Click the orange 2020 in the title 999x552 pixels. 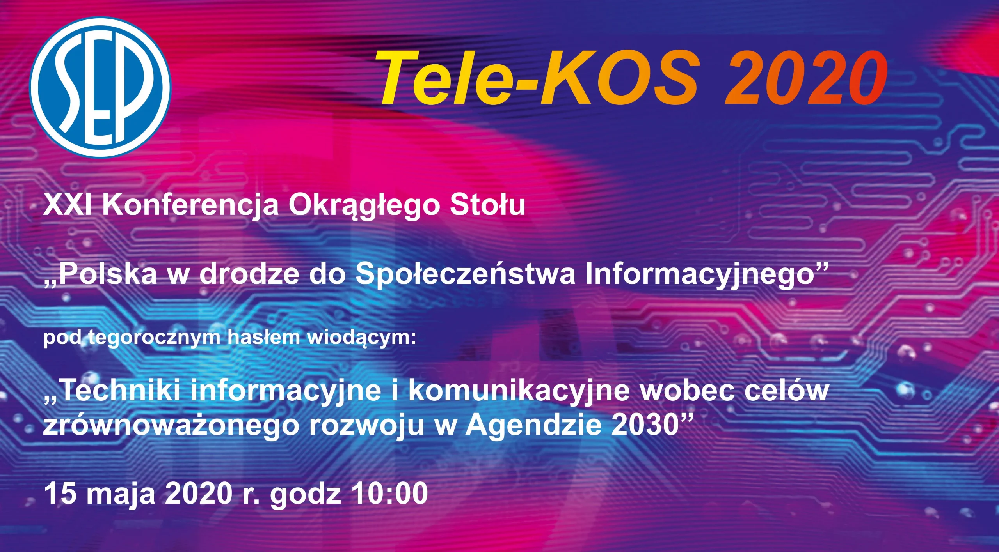pyautogui.click(x=806, y=78)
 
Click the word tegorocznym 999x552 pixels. pyautogui.click(x=154, y=338)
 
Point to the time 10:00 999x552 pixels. pyautogui.click(x=389, y=493)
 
